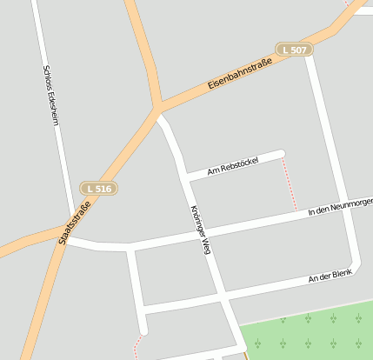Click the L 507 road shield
tap(294, 50)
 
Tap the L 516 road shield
tap(99, 188)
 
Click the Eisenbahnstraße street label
tap(240, 76)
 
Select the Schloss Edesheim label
tap(50, 96)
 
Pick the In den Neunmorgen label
tap(340, 205)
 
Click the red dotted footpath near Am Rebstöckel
tap(289, 183)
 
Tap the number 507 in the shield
tap(299, 50)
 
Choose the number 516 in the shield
tap(103, 188)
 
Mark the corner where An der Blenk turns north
tap(355, 262)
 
